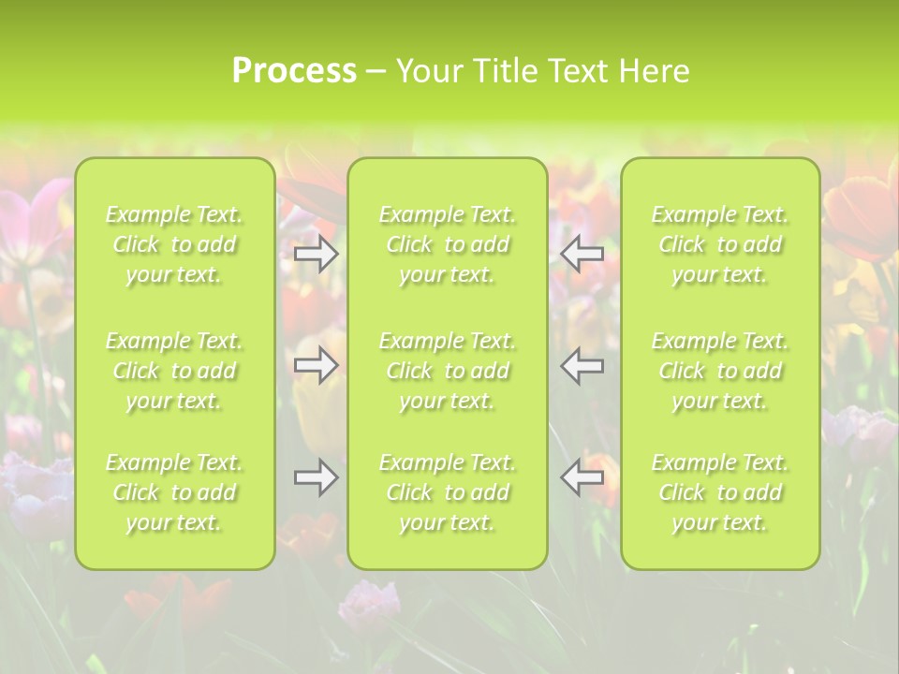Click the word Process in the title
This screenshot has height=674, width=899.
pos(294,71)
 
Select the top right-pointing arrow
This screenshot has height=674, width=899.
pos(317,254)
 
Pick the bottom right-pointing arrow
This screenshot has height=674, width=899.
pos(317,477)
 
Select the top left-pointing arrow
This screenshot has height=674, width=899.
pos(582,254)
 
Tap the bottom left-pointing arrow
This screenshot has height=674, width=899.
pos(582,477)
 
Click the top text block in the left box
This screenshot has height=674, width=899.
pos(174,245)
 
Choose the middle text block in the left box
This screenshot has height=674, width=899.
pos(174,371)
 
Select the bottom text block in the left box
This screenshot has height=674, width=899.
pos(174,492)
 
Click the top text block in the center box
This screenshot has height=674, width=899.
pos(448,245)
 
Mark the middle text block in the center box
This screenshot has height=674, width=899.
pos(448,371)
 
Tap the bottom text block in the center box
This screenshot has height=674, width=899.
pos(448,492)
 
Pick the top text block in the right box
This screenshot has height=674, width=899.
pos(720,245)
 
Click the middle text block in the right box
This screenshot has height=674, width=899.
pos(720,371)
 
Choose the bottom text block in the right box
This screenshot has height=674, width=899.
pos(720,492)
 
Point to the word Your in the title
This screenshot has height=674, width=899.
pos(429,71)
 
